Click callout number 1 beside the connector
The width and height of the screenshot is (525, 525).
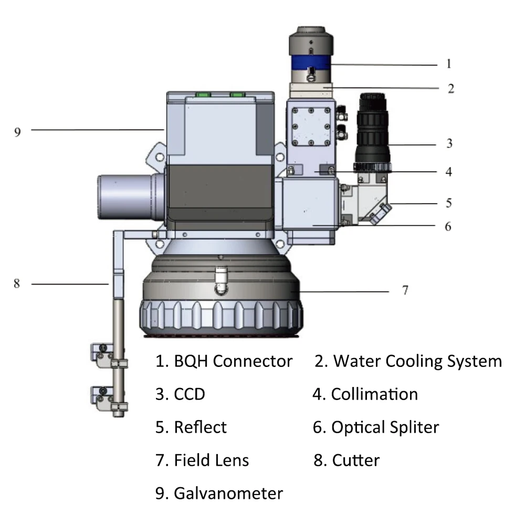click(449, 64)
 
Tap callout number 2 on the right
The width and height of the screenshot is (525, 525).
click(451, 89)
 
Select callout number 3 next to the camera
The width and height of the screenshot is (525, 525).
click(450, 143)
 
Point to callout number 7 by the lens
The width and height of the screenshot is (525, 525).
click(405, 290)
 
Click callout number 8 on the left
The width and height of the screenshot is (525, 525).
click(17, 283)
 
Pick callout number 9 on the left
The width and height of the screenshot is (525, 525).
click(17, 132)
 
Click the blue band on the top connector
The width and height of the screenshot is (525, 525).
click(311, 62)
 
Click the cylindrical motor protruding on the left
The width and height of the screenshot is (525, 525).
click(131, 197)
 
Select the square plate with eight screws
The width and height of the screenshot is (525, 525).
click(311, 127)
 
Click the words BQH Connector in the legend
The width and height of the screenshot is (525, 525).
click(233, 361)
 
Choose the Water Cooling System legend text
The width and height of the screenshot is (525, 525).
click(417, 362)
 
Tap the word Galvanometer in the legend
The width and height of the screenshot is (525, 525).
click(228, 493)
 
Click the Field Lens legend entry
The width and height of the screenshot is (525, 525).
click(211, 460)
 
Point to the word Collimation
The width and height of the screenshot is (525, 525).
click(374, 394)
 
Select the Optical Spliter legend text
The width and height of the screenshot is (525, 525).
click(385, 427)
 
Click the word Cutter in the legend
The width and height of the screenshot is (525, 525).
click(355, 460)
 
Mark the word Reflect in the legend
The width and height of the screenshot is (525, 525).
click(200, 427)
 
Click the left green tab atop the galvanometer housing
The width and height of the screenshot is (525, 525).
click(203, 94)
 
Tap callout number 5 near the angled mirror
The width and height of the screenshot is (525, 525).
click(449, 203)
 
